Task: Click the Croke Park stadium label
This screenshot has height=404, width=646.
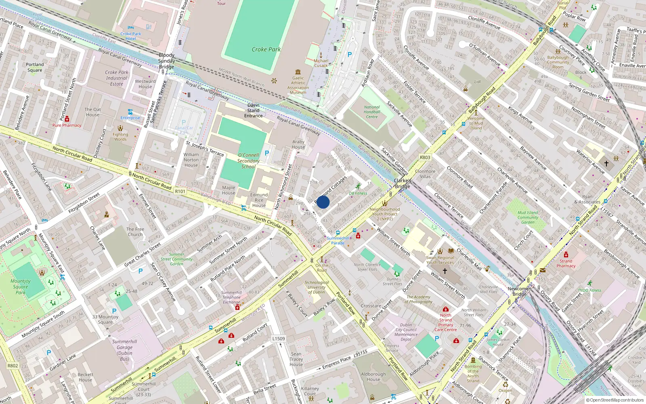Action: (266, 49)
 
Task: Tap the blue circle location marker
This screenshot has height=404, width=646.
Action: (323, 202)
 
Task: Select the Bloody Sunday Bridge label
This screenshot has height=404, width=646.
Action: (166, 61)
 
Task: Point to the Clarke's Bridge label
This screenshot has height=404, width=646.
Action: (403, 183)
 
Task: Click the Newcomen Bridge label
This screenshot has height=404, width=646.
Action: (520, 291)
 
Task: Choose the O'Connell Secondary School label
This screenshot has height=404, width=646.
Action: (248, 161)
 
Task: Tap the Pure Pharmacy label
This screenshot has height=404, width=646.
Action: (67, 125)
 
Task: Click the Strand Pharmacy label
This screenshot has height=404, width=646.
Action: (566, 263)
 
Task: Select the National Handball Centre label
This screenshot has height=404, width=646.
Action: (372, 112)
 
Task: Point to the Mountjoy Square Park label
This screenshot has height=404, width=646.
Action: (21, 287)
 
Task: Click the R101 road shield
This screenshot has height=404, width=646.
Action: (180, 191)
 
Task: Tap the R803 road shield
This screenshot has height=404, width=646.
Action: (425, 158)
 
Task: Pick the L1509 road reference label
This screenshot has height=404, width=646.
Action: (279, 339)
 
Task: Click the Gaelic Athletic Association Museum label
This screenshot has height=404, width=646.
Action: (298, 85)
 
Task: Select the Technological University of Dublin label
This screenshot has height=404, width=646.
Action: (317, 287)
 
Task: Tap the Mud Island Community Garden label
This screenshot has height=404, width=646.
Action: (528, 217)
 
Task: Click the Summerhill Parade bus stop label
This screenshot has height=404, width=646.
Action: (338, 241)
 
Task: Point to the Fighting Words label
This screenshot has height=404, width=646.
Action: (120, 137)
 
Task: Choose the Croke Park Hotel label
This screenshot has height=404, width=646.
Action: (131, 36)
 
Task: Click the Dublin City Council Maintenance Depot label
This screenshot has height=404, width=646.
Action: (406, 332)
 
